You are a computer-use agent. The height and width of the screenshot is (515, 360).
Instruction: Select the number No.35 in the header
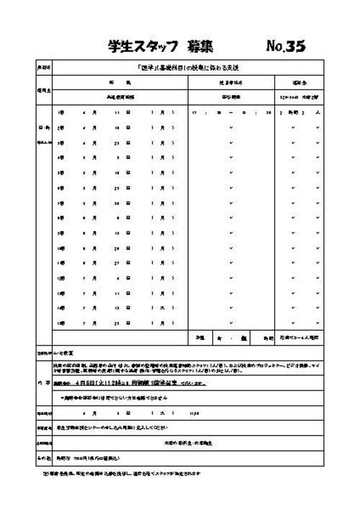(x=285, y=47)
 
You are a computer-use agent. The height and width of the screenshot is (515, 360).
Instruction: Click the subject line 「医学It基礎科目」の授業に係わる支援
(x=186, y=68)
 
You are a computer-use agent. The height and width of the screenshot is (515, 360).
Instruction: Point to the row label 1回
(x=60, y=113)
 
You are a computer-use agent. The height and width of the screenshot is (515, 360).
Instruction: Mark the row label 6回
(x=60, y=188)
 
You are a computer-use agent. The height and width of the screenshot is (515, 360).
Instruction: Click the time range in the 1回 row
(x=230, y=113)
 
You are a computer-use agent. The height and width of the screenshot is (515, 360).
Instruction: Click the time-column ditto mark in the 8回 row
(x=230, y=218)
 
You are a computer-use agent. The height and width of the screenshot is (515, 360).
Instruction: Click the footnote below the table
(x=122, y=473)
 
